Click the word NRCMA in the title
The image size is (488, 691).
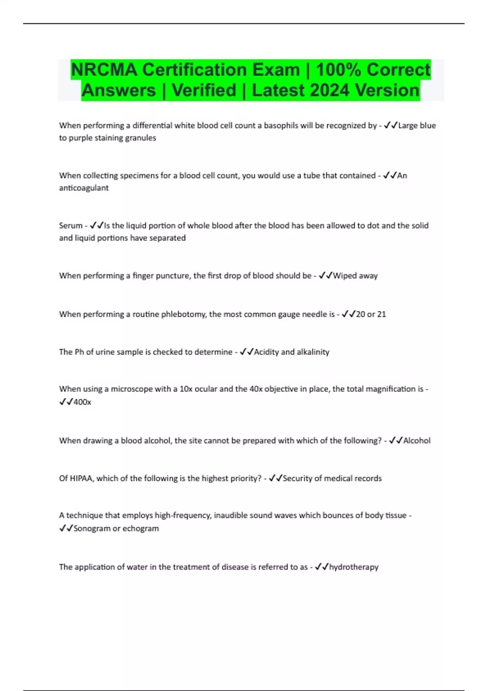pos(104,70)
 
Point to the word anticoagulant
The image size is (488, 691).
pos(84,188)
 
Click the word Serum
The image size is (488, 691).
pos(71,226)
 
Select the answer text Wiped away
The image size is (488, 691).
pos(355,276)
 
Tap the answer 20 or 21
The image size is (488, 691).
pos(371,314)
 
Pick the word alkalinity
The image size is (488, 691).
pos(313,352)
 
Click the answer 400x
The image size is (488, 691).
pos(82,402)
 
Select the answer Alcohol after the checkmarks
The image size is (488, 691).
pos(417,441)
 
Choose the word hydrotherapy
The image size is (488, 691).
pos(354,567)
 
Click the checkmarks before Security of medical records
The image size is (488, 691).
pos(275,478)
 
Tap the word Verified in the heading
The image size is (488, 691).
pos(204,90)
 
